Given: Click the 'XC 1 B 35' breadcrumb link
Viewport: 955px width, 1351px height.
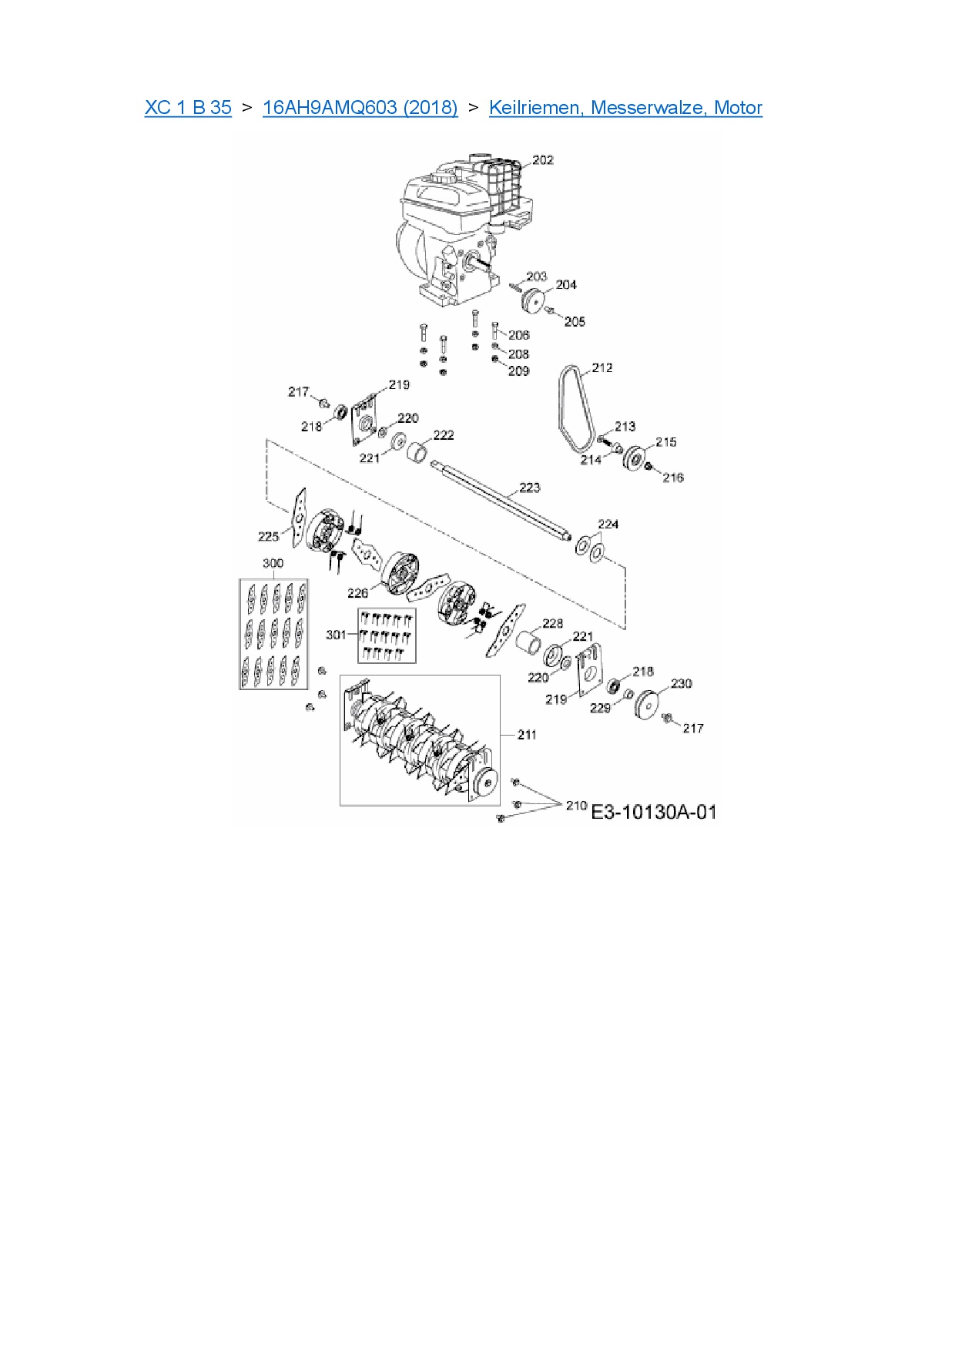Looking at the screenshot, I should [x=188, y=108].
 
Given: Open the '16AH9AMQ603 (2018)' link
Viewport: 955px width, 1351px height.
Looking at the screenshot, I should [x=360, y=108].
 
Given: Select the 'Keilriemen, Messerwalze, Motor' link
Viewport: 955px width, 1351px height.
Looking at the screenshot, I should [x=625, y=108].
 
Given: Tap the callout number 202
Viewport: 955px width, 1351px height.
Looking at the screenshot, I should [x=543, y=160].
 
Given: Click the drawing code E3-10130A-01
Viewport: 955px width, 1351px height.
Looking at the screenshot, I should [x=653, y=812].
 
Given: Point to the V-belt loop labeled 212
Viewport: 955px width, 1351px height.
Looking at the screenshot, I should [x=574, y=408].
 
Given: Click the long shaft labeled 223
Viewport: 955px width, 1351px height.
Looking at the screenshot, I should [x=501, y=501].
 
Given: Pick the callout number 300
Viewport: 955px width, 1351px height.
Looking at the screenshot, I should [x=273, y=564].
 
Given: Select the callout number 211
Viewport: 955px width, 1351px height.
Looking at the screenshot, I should [x=527, y=735].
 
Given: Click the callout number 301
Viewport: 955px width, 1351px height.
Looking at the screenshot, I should [x=336, y=635].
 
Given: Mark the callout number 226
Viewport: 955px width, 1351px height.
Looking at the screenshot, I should [x=358, y=593].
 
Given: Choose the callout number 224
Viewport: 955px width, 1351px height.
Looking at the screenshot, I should [x=608, y=525].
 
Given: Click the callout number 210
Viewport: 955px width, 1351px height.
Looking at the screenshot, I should [x=576, y=806].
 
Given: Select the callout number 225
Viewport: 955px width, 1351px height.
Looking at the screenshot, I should [x=268, y=537].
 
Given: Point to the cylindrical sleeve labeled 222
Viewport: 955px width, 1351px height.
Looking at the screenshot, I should [x=418, y=450].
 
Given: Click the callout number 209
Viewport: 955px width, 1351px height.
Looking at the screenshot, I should [x=519, y=371].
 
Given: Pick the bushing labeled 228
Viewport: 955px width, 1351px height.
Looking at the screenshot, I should [x=528, y=642].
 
